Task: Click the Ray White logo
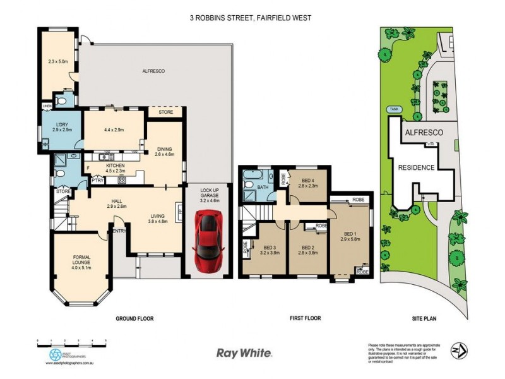click(x=244, y=354)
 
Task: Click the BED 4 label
click(x=308, y=181)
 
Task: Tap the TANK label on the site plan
click(x=394, y=108)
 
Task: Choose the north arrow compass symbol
click(x=460, y=350)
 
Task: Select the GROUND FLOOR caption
click(x=134, y=318)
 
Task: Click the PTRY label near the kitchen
click(x=97, y=180)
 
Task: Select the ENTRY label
click(x=119, y=231)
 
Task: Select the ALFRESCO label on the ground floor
click(x=153, y=71)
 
